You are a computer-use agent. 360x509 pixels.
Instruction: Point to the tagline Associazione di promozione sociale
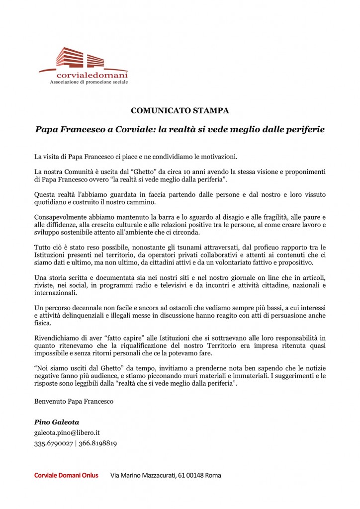[x=89, y=82]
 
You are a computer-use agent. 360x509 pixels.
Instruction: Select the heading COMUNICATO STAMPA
[x=180, y=110]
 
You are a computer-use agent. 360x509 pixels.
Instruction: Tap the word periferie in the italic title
[x=302, y=129]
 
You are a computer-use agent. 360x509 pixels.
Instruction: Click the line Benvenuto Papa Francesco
[x=74, y=401]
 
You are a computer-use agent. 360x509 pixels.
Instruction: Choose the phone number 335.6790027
[x=52, y=443]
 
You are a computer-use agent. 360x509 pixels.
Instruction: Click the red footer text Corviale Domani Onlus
[x=66, y=475]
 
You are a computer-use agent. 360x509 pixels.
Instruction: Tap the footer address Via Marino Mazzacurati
[x=166, y=475]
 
